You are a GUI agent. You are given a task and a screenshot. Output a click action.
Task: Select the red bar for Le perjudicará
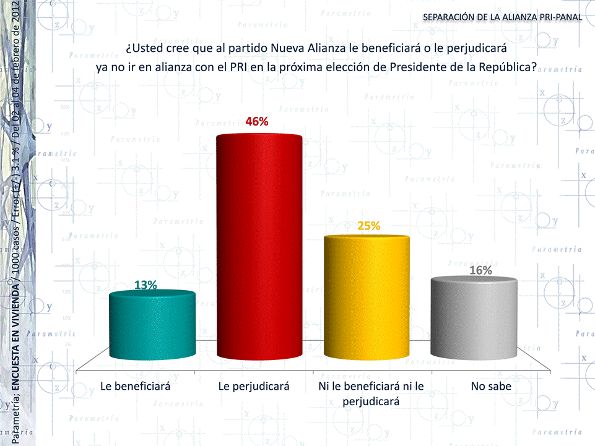point(260,247)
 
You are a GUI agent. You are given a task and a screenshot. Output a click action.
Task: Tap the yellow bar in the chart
point(367,297)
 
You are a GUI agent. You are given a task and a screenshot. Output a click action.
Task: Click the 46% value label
point(257,122)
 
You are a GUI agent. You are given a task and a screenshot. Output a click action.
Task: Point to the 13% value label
point(145,285)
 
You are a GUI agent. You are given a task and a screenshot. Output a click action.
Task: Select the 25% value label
point(368,226)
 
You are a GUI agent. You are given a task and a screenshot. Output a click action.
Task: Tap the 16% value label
point(480,270)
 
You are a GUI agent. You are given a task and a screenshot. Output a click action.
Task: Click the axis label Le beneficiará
point(136,387)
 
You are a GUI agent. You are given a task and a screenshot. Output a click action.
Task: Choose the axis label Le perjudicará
point(254,387)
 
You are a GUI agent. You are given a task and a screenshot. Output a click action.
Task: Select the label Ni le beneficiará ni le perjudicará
point(370,393)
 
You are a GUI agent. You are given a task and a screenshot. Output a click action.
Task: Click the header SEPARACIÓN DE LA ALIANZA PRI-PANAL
point(502,17)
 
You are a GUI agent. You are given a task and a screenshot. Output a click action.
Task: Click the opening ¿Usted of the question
point(145,48)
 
